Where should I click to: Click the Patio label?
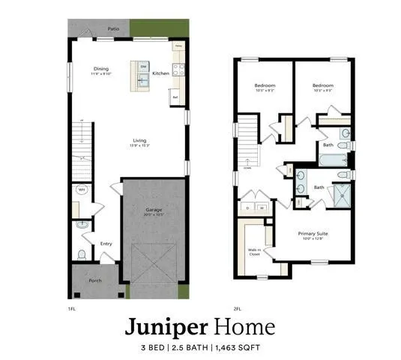point(112,28)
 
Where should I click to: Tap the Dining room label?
point(101,69)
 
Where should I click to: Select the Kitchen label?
point(160,73)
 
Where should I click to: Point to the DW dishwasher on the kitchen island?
point(143,67)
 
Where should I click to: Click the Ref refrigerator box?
point(175,97)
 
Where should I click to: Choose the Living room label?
point(140,140)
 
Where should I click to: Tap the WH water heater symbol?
point(81,190)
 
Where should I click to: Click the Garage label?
point(154,211)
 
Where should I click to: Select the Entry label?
point(106,243)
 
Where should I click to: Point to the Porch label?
point(95,281)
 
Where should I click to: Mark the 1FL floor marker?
point(72,307)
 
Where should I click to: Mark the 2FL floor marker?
point(237,307)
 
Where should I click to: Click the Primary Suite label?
point(313,234)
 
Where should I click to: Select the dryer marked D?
point(248,207)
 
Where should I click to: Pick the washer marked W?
point(262,207)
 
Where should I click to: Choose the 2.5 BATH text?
point(189,346)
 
